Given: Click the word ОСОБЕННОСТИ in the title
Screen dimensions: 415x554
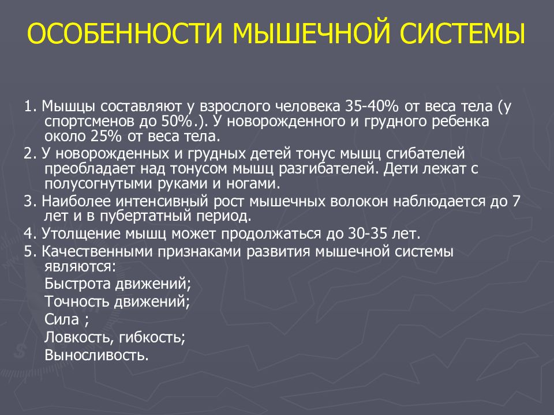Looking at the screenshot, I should click(123, 35).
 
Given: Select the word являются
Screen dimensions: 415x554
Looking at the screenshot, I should click(78, 266).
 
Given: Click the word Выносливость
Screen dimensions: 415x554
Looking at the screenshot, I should click(96, 354).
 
